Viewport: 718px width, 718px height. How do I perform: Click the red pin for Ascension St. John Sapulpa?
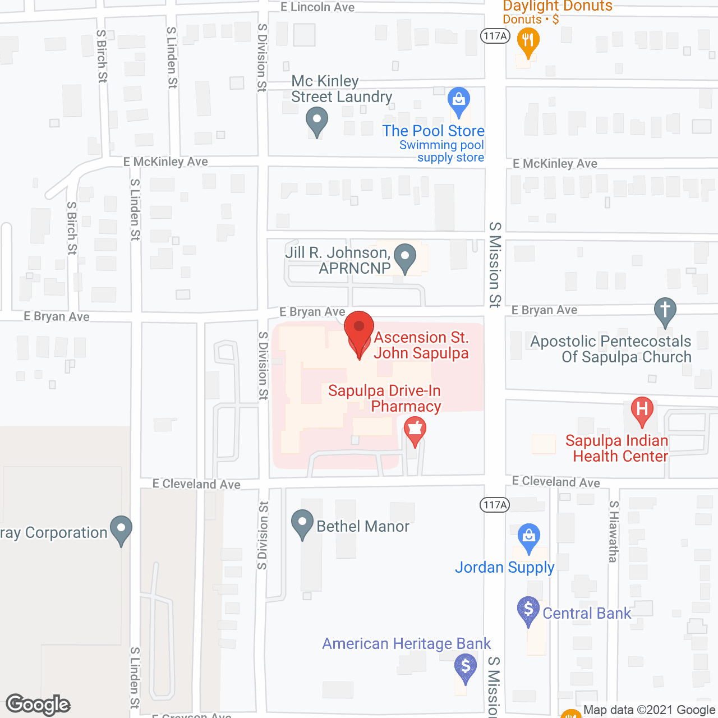[x=359, y=331]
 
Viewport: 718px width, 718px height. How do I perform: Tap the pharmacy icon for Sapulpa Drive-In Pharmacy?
[x=415, y=431]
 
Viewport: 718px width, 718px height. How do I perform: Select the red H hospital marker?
[x=642, y=410]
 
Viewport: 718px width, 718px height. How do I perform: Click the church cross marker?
[x=665, y=310]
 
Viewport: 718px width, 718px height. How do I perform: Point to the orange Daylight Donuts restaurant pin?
[x=527, y=42]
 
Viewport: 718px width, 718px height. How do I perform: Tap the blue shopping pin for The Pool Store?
[x=459, y=101]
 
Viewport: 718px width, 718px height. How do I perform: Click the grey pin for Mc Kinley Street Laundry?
[x=317, y=121]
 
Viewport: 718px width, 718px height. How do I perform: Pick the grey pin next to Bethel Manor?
[x=302, y=523]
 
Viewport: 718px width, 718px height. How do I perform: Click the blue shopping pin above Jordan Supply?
[x=528, y=537]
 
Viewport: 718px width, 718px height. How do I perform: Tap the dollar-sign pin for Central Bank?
[x=528, y=610]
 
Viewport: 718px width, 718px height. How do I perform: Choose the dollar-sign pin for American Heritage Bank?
[x=465, y=668]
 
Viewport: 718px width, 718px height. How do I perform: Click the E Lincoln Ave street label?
[x=317, y=7]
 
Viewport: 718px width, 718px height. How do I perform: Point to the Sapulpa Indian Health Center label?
[x=617, y=449]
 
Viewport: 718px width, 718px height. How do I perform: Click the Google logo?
[x=38, y=705]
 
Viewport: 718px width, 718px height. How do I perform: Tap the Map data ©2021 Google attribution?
[x=650, y=710]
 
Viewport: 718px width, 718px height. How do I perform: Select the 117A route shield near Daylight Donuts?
[x=495, y=36]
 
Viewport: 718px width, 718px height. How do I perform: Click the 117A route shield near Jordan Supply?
[x=495, y=505]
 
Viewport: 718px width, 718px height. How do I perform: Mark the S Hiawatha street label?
[x=614, y=531]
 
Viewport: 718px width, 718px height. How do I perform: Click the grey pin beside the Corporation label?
[x=121, y=530]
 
